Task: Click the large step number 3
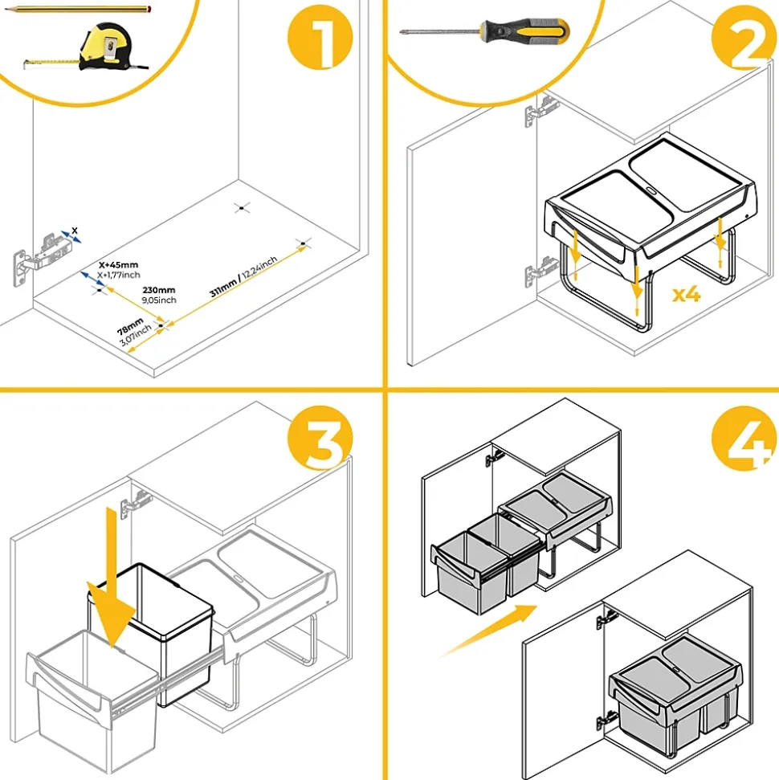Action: point(320,442)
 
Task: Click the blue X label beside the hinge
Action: point(75,231)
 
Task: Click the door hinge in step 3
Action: point(133,504)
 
